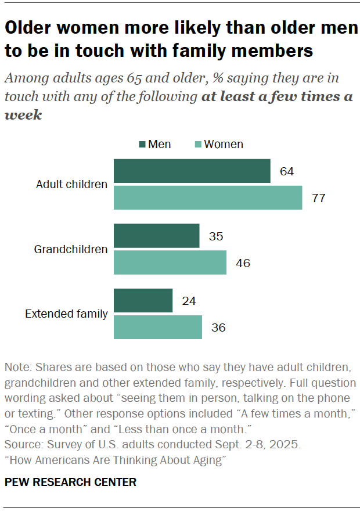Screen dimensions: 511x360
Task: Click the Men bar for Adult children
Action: (x=192, y=171)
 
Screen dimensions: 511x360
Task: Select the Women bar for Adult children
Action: (x=208, y=197)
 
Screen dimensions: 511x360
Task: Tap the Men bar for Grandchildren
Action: (x=156, y=236)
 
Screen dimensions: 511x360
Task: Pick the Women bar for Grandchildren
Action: (x=170, y=262)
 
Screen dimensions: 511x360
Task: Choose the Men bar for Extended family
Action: (x=143, y=301)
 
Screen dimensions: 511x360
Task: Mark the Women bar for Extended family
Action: (x=157, y=327)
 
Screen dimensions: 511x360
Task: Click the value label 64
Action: (x=286, y=172)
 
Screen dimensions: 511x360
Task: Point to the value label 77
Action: (x=318, y=198)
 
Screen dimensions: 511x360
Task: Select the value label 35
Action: (x=216, y=237)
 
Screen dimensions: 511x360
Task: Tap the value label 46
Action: (x=243, y=263)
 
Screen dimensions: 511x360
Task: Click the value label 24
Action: (x=189, y=301)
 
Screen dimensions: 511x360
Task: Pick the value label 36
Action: (x=218, y=328)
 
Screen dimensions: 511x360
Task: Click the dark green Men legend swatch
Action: (x=142, y=145)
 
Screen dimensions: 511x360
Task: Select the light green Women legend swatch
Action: (x=197, y=145)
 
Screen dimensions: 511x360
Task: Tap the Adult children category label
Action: (x=71, y=185)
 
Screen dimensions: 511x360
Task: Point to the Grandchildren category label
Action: (x=71, y=250)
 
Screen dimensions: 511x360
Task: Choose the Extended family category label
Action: (x=66, y=314)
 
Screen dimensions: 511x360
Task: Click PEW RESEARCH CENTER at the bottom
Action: (x=70, y=482)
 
